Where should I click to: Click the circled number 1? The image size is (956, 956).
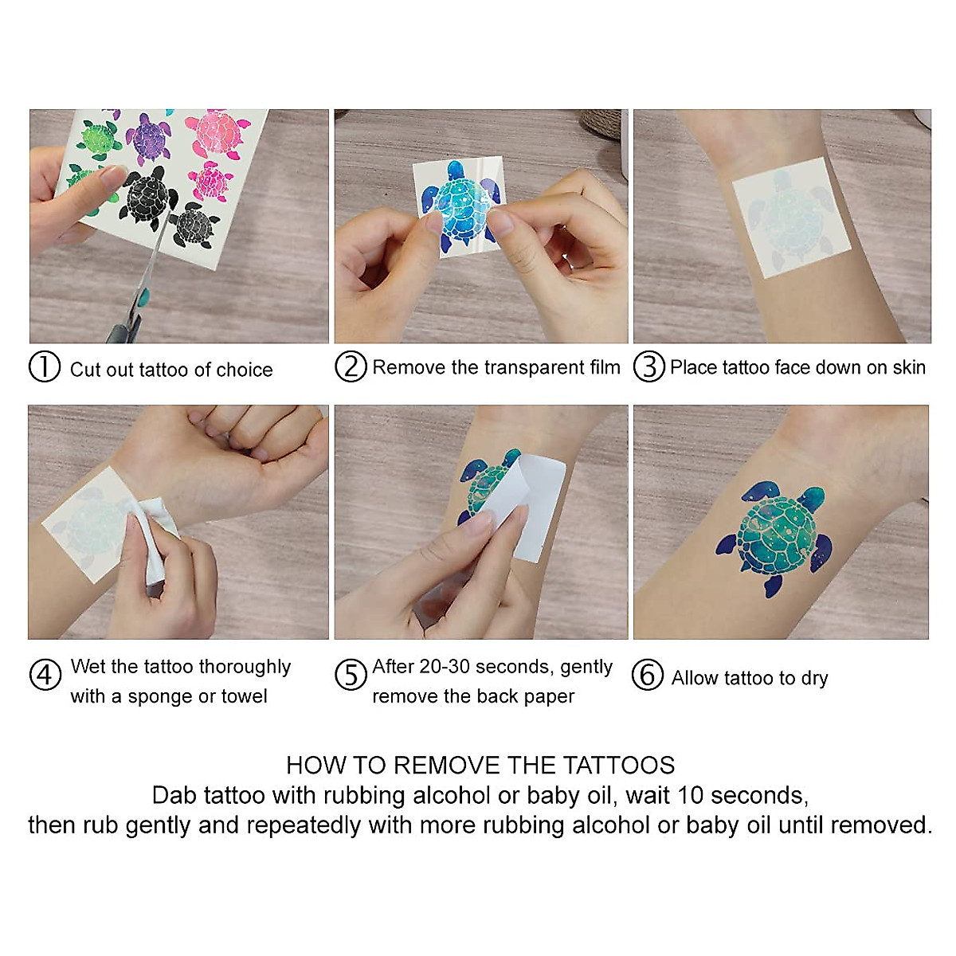[45, 366]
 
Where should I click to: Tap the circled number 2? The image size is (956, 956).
[351, 366]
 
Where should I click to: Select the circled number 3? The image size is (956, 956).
[649, 366]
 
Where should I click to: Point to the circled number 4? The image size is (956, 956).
[45, 675]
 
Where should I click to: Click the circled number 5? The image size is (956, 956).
[351, 675]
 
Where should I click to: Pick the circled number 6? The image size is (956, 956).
[648, 675]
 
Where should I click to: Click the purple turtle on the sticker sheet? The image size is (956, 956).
[148, 137]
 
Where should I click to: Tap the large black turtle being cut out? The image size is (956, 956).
[148, 198]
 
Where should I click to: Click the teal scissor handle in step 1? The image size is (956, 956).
[144, 298]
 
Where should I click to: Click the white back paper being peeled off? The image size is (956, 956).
[526, 506]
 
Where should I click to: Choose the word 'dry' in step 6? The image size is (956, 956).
[814, 678]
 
